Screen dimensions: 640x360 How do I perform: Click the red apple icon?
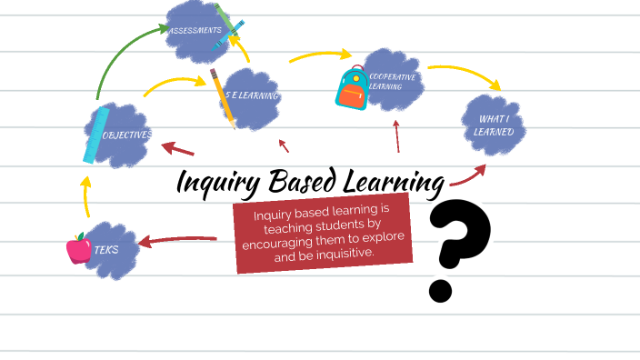[79, 248]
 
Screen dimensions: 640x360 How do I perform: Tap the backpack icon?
[352, 88]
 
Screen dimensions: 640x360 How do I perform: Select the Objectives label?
[128, 135]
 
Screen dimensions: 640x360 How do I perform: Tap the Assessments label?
[194, 30]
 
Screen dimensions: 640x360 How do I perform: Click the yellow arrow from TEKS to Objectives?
[85, 195]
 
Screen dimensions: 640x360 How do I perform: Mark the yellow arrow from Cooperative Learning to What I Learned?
[465, 75]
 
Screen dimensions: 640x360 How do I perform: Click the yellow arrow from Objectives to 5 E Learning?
[174, 83]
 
